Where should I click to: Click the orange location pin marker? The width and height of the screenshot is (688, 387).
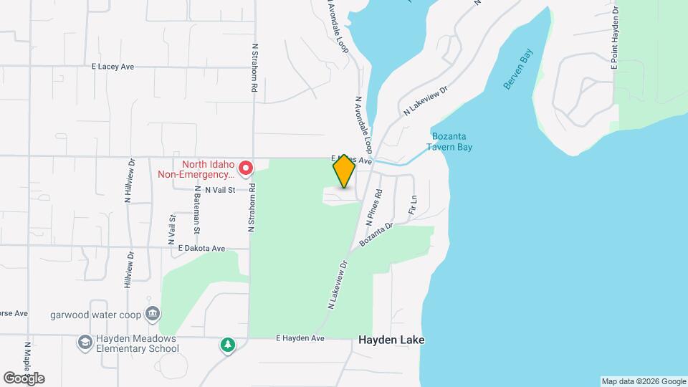pyautogui.click(x=344, y=171)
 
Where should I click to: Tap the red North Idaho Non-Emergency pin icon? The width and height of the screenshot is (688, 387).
pyautogui.click(x=245, y=169)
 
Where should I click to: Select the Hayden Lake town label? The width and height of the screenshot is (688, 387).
pyautogui.click(x=391, y=340)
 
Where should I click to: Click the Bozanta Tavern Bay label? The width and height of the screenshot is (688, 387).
pyautogui.click(x=451, y=142)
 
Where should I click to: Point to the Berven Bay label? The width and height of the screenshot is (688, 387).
pyautogui.click(x=519, y=74)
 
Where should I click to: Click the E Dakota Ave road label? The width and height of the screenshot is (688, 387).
pyautogui.click(x=202, y=248)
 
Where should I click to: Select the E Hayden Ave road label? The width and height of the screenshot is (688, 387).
pyautogui.click(x=300, y=338)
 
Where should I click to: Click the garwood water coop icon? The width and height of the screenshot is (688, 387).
pyautogui.click(x=152, y=313)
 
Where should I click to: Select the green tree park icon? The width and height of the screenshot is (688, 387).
pyautogui.click(x=228, y=346)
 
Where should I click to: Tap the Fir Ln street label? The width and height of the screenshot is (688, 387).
pyautogui.click(x=413, y=206)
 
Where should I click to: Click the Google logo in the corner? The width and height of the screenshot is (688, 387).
pyautogui.click(x=24, y=378)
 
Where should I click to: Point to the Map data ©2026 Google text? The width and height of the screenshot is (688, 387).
pyautogui.click(x=643, y=381)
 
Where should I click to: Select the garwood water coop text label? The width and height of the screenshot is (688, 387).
pyautogui.click(x=95, y=314)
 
